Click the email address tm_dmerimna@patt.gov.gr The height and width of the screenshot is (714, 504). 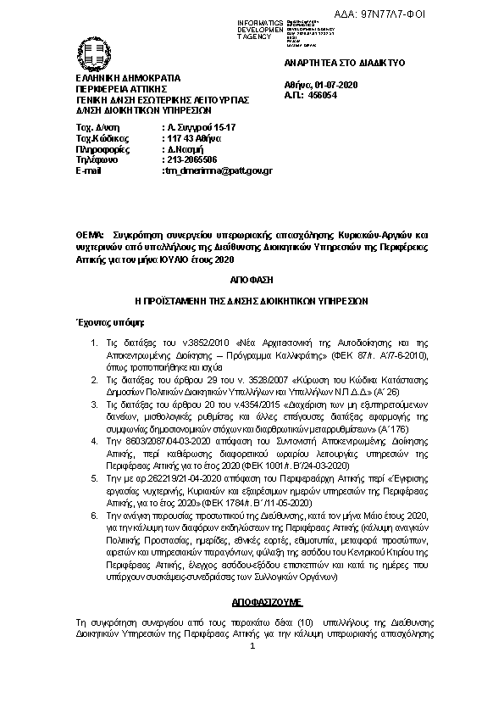pyautogui.click(x=218, y=170)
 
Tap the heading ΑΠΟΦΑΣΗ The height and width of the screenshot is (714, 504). pyautogui.click(x=252, y=279)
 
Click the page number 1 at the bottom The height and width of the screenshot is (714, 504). pyautogui.click(x=252, y=647)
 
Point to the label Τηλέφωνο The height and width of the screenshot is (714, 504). pyautogui.click(x=94, y=159)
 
